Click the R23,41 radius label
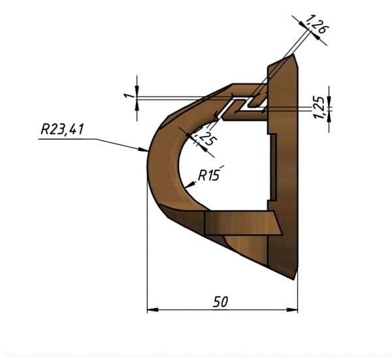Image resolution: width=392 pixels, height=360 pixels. (61, 129)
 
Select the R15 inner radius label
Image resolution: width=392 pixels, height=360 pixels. (210, 175)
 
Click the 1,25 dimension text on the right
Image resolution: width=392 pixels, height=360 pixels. (320, 106)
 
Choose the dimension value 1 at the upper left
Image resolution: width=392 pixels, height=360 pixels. (129, 95)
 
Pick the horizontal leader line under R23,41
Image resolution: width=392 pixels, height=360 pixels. (65, 139)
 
